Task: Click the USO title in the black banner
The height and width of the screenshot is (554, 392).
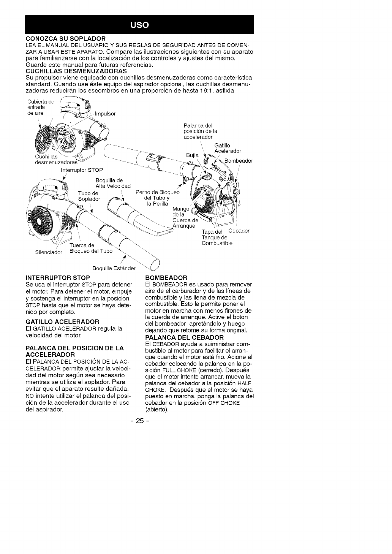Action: click(x=139, y=25)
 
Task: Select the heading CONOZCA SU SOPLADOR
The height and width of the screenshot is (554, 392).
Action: click(x=65, y=39)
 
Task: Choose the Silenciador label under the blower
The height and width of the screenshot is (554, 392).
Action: click(x=48, y=252)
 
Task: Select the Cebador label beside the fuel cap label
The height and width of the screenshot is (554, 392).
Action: click(x=239, y=231)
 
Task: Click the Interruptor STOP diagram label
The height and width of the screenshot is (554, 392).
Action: click(x=82, y=169)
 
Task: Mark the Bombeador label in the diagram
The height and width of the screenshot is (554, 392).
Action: click(x=239, y=161)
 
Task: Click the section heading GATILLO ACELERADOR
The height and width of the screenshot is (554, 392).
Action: click(x=62, y=321)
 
